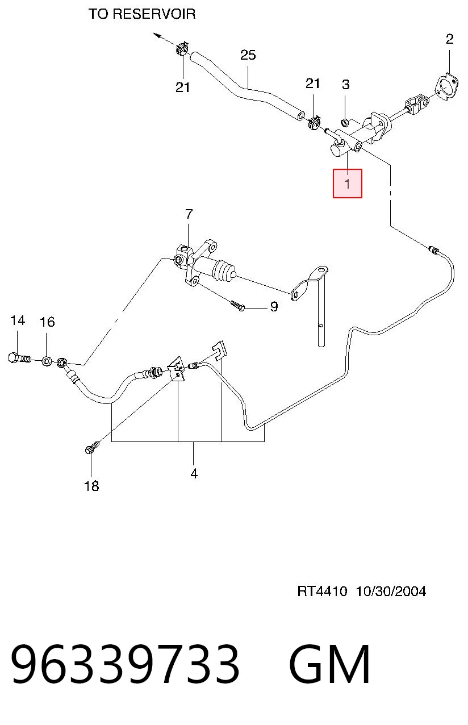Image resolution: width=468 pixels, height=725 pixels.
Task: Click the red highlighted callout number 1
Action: [348, 184]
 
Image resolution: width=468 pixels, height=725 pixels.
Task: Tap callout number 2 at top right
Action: [450, 39]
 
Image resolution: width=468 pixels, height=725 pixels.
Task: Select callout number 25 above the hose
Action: [248, 55]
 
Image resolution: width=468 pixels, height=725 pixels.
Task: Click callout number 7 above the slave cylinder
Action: [189, 214]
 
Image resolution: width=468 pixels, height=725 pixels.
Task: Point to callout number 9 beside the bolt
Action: [274, 306]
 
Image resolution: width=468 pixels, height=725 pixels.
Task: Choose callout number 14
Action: [18, 320]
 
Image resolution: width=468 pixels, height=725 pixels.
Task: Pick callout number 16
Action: [47, 322]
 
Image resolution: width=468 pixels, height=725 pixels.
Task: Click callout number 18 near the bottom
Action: [91, 486]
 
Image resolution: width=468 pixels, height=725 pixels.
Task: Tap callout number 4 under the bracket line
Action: [194, 473]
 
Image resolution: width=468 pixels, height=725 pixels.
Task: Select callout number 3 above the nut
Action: [346, 85]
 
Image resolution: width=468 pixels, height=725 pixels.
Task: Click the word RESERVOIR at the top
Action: [154, 14]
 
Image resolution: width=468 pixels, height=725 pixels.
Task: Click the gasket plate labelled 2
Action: [446, 88]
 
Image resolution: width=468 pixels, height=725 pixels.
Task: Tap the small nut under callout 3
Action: [345, 122]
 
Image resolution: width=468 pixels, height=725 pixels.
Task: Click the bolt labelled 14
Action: [19, 359]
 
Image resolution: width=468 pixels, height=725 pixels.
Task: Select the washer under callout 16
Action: [46, 361]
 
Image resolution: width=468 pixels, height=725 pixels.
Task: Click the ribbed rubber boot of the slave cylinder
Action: [224, 271]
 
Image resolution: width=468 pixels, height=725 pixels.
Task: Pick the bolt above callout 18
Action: [92, 447]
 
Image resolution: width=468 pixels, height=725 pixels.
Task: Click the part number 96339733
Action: [125, 664]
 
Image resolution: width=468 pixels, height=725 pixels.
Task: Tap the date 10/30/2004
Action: [391, 591]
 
